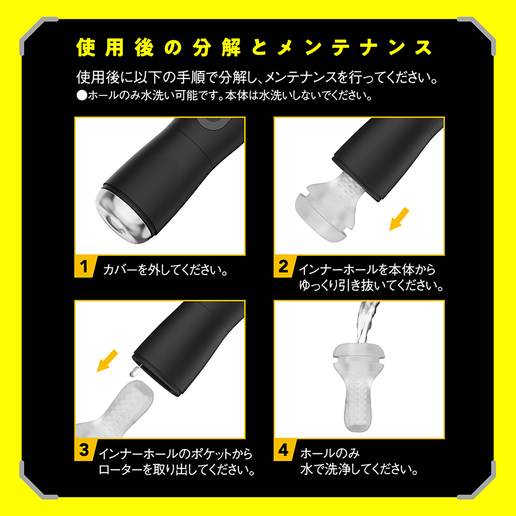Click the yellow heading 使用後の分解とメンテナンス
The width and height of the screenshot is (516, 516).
click(x=254, y=48)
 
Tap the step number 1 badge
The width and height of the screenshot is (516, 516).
click(x=85, y=267)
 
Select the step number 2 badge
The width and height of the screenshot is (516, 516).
click(x=284, y=267)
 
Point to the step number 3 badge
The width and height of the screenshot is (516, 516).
click(x=85, y=450)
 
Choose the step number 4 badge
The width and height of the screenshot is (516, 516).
click(x=284, y=450)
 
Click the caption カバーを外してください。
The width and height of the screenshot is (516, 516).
click(x=166, y=270)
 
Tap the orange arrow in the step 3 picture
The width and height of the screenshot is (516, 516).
click(x=107, y=361)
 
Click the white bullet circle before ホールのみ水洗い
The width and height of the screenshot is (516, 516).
click(x=82, y=96)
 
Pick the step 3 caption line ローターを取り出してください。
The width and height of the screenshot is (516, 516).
click(x=176, y=469)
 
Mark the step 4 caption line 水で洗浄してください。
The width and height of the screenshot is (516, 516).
click(x=359, y=469)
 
